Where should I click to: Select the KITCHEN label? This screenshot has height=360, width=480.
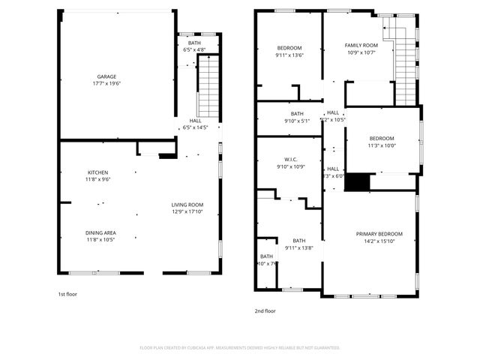click(x=97, y=172)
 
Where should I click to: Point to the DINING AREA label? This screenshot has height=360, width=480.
click(x=100, y=232)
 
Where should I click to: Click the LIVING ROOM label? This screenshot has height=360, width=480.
click(x=187, y=205)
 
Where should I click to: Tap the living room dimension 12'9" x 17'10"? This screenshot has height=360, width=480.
click(x=187, y=211)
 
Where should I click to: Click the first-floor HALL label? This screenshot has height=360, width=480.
click(x=195, y=121)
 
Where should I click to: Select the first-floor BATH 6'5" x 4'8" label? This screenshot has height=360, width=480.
click(x=194, y=43)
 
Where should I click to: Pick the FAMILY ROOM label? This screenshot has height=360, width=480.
click(x=361, y=45)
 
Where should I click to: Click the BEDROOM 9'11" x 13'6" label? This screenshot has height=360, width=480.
click(x=289, y=48)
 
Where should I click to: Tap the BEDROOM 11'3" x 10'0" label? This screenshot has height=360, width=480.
click(x=381, y=139)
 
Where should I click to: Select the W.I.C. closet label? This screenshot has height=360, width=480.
click(x=292, y=158)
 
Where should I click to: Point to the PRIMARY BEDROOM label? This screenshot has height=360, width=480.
click(x=379, y=234)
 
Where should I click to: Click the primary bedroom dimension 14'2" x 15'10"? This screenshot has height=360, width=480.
click(x=379, y=241)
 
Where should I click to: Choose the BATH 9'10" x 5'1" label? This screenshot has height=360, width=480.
click(x=297, y=113)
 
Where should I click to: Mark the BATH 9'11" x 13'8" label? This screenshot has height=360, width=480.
click(x=298, y=241)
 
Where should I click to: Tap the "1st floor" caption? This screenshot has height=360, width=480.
click(x=67, y=294)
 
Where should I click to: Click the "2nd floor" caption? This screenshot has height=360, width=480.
click(x=265, y=310)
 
